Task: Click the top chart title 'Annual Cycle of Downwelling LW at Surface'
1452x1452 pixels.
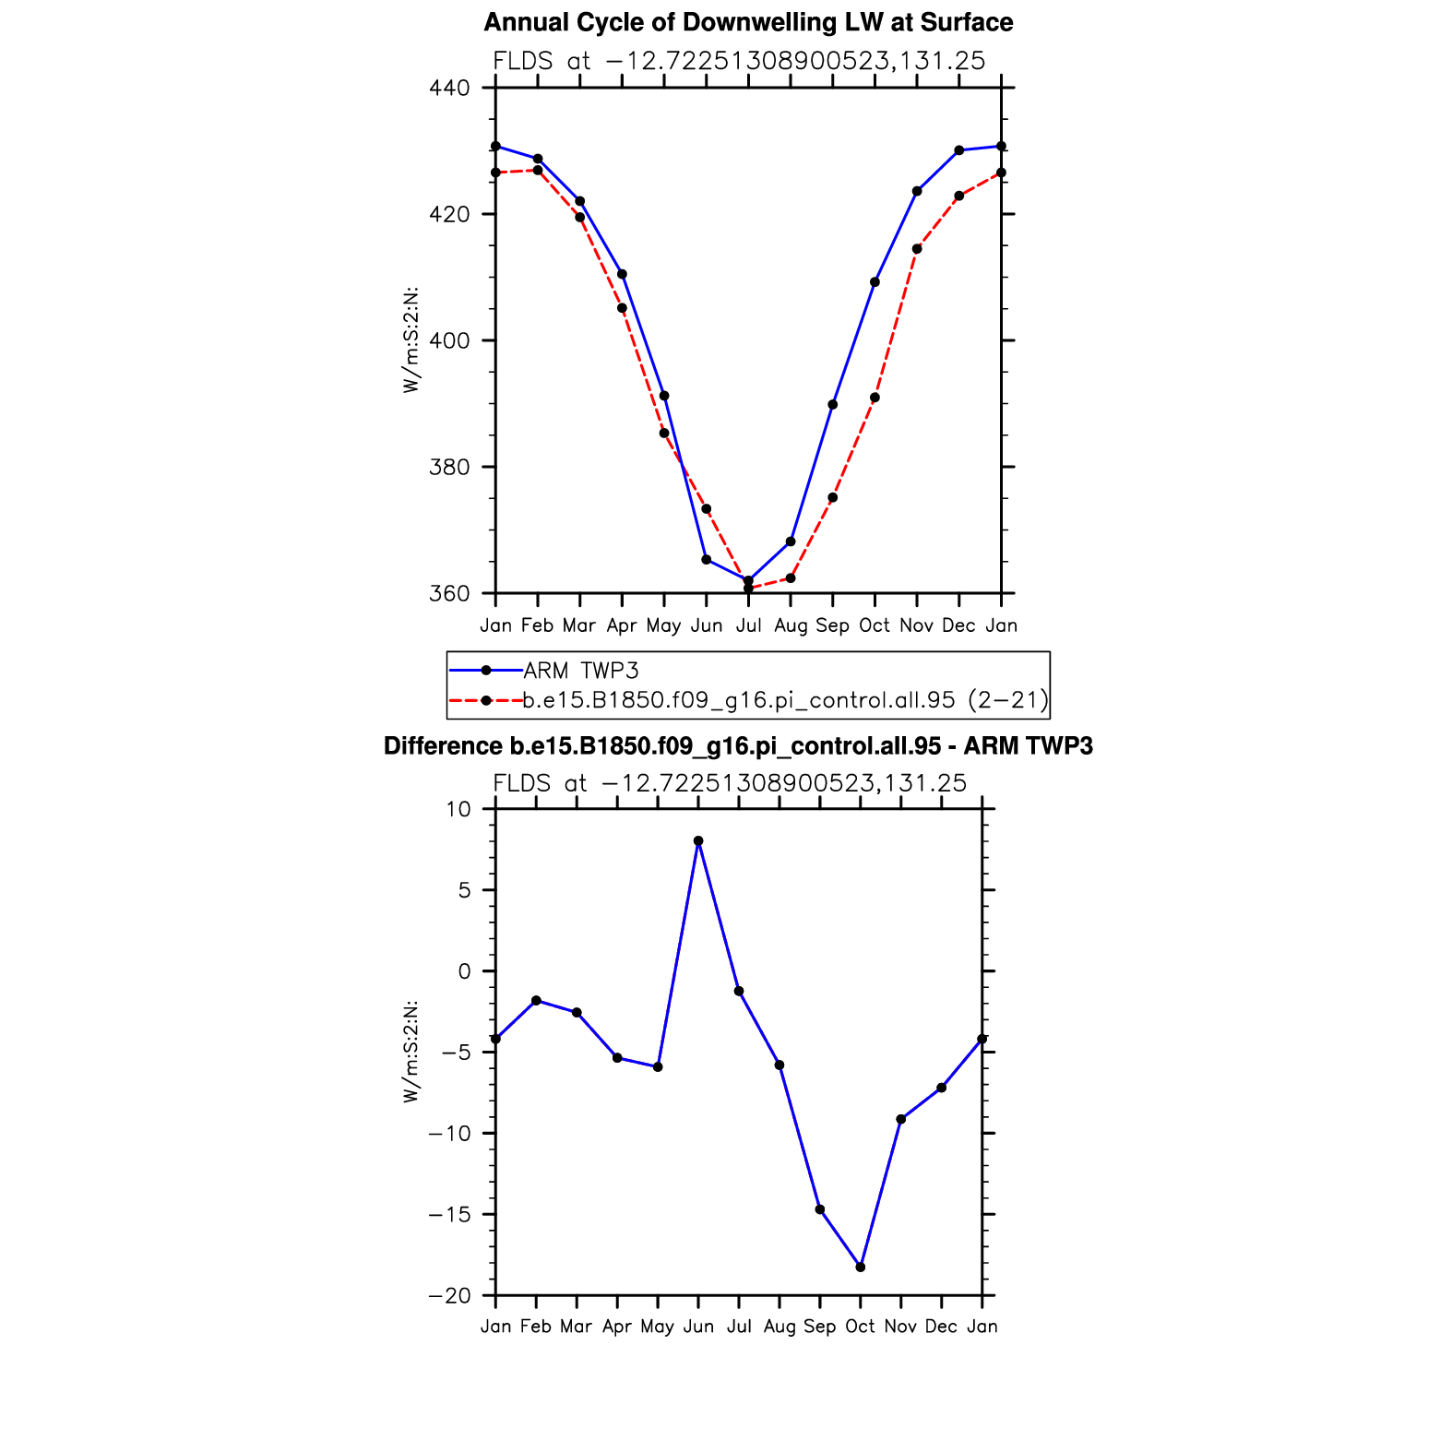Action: [x=748, y=23]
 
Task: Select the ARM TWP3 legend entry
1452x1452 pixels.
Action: [x=581, y=671]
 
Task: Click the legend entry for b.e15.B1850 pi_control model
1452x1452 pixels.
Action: [x=784, y=700]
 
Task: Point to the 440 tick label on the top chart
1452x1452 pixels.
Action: [x=449, y=89]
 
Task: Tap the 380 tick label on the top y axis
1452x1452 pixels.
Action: [x=449, y=468]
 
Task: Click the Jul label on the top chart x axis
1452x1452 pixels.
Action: [x=748, y=625]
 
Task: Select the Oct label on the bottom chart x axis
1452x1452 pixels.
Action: [x=860, y=1327]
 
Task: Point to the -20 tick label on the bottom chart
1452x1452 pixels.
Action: [x=449, y=1296]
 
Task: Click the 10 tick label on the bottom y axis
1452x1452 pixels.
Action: [x=458, y=810]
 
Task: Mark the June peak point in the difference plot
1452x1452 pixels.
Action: [x=698, y=841]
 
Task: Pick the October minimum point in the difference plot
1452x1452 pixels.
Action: [x=861, y=1268]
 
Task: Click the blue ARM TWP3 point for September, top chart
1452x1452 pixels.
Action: [x=833, y=404]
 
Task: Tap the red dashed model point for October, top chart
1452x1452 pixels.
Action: [x=875, y=398]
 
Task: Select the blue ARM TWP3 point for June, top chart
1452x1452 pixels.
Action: [x=707, y=559]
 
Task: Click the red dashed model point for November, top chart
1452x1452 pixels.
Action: [x=917, y=249]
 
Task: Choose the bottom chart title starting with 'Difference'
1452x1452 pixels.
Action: [x=738, y=746]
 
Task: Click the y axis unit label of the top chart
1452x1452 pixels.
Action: [x=411, y=340]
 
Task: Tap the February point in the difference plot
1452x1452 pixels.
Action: [x=536, y=1000]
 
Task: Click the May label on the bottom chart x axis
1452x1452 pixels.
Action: [x=657, y=1327]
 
